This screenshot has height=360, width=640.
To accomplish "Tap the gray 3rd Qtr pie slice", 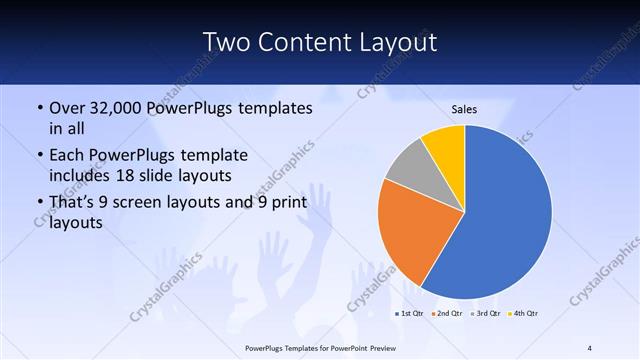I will (x=409, y=167).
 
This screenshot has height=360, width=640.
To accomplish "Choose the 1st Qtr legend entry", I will (x=411, y=314).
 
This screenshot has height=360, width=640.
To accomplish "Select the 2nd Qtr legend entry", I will (x=447, y=314).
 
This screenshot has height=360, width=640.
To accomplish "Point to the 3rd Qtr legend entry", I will (x=485, y=314).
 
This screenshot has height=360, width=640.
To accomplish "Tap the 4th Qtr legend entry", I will (x=523, y=314).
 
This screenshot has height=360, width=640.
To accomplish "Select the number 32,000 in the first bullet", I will (x=116, y=107).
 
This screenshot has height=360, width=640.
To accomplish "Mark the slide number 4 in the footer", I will (x=590, y=347).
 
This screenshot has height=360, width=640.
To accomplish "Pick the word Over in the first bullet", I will (x=66, y=107).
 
